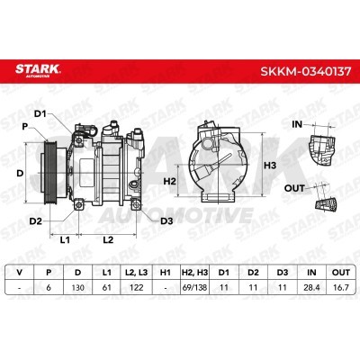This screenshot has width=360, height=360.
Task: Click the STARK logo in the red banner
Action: point(38,70)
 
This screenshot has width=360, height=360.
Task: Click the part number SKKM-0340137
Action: point(305,71)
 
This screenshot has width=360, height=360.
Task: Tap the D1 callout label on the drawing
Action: point(40,114)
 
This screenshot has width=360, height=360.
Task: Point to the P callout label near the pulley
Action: point(25,127)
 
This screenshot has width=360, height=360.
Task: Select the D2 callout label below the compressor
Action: point(35,221)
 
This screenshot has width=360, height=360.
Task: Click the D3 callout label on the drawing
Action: point(166,221)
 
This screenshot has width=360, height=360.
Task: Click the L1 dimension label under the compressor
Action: point(65,240)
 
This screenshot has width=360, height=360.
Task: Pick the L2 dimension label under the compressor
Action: point(108,240)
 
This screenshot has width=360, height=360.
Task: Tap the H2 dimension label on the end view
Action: point(169,181)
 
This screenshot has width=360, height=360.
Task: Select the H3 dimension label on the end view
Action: point(270,166)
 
